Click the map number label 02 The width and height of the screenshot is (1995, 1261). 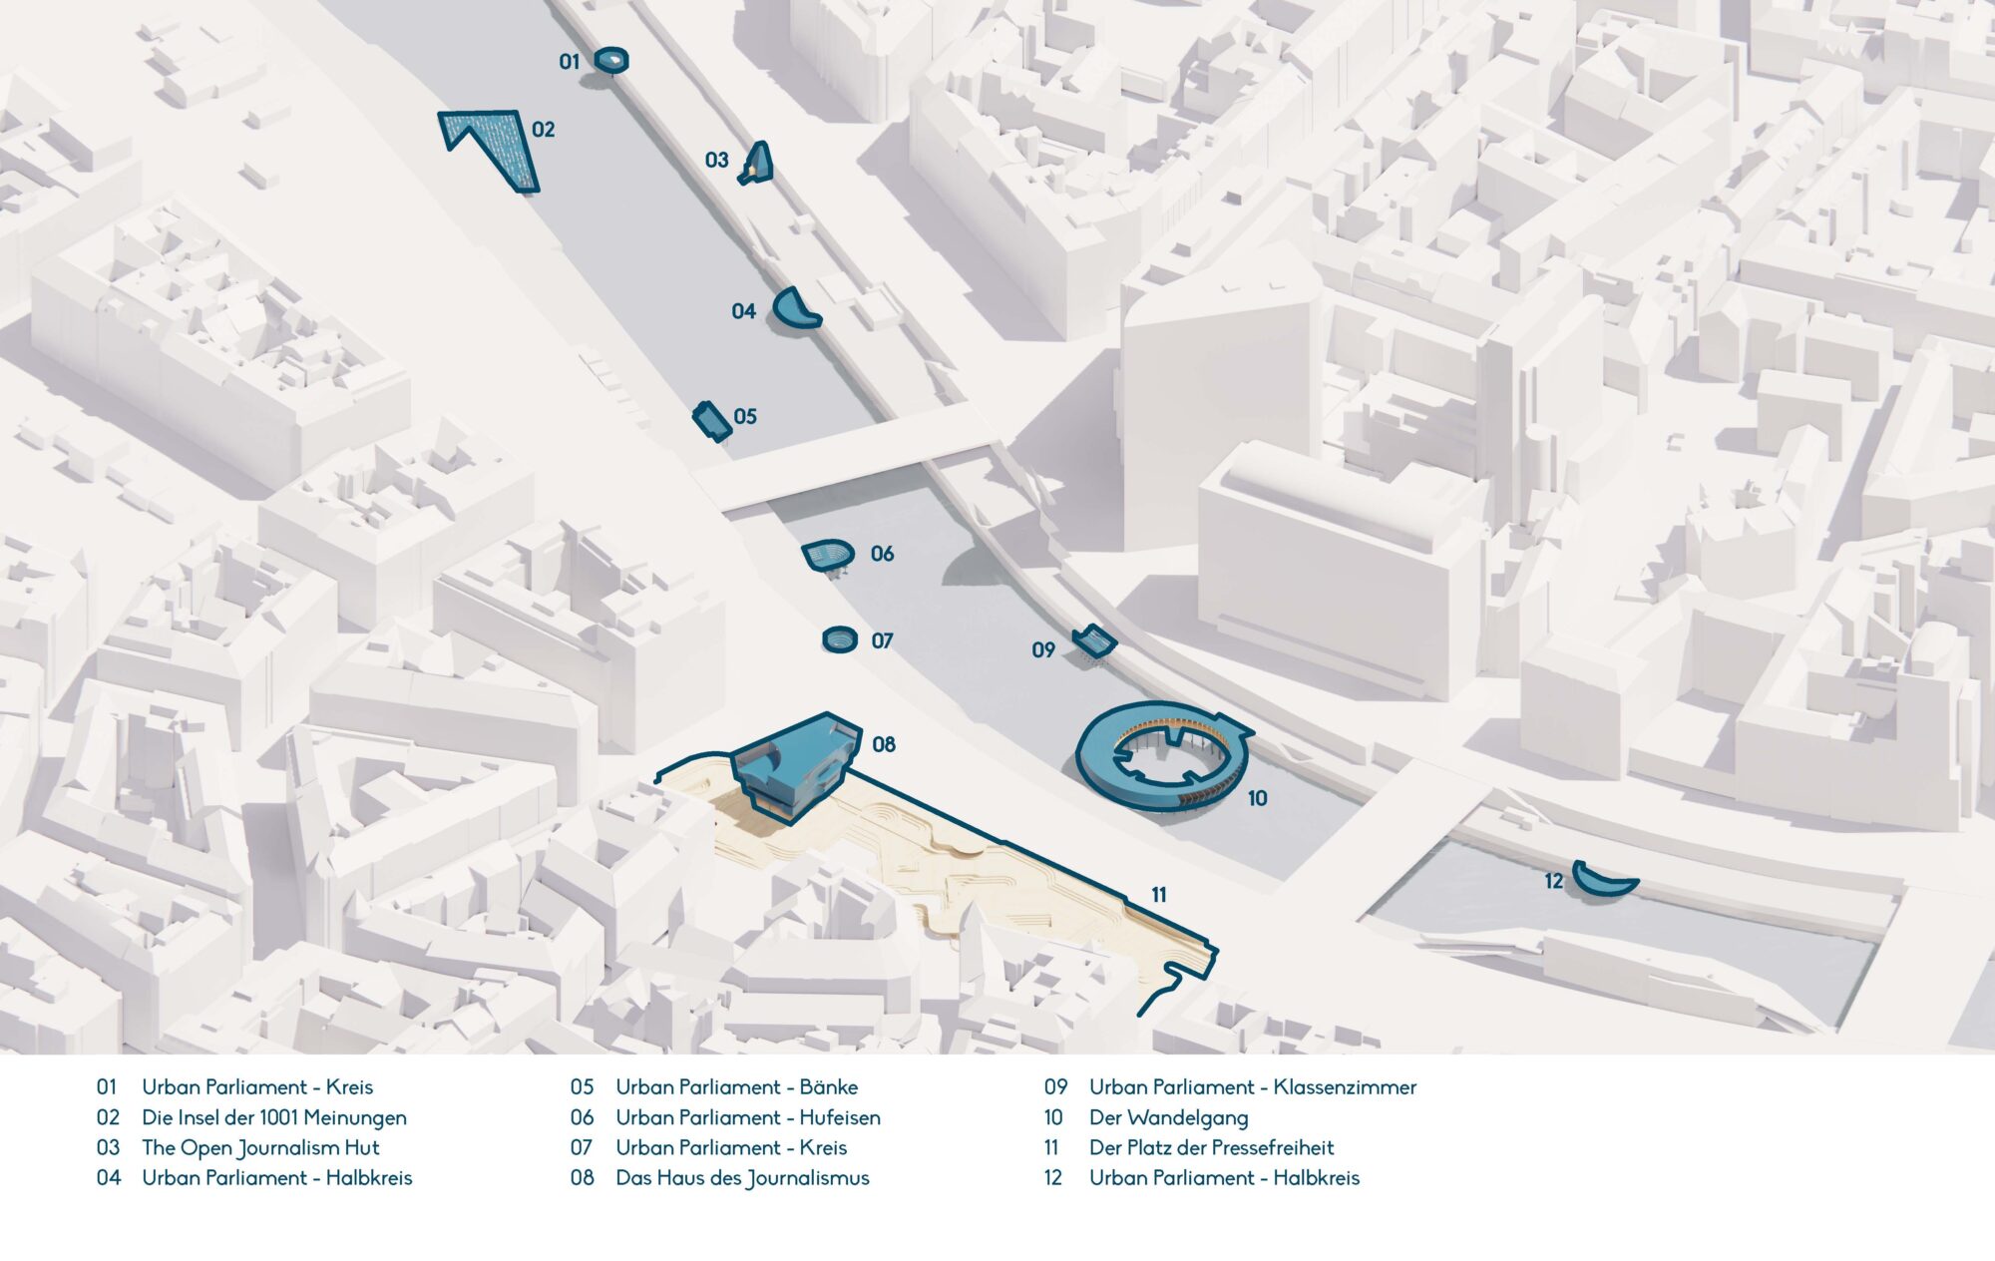tap(543, 130)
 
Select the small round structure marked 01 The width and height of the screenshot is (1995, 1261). tap(611, 61)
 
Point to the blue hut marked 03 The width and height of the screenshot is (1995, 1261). tap(758, 164)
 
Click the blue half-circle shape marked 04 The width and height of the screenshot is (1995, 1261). tap(796, 309)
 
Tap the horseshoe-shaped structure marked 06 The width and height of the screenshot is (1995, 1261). tap(829, 555)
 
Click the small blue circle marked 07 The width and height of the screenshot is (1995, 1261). tap(840, 638)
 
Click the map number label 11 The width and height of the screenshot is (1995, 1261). tap(1158, 895)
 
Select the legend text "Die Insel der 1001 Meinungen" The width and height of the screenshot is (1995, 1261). tap(273, 1117)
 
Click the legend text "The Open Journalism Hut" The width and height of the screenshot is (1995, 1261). tap(260, 1147)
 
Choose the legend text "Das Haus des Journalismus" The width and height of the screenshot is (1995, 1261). tap(742, 1178)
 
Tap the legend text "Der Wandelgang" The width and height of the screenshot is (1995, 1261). tap(1168, 1117)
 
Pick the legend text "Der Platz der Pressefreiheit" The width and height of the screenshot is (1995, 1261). tap(1211, 1147)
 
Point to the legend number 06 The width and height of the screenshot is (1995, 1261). tap(582, 1117)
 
